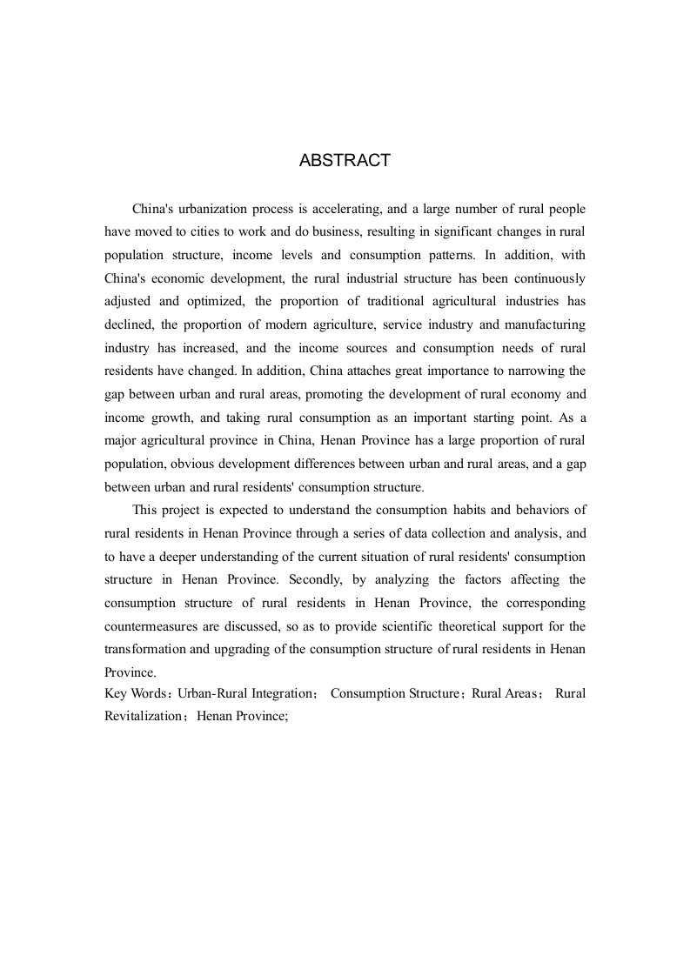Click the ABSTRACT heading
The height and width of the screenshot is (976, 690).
point(345,161)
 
